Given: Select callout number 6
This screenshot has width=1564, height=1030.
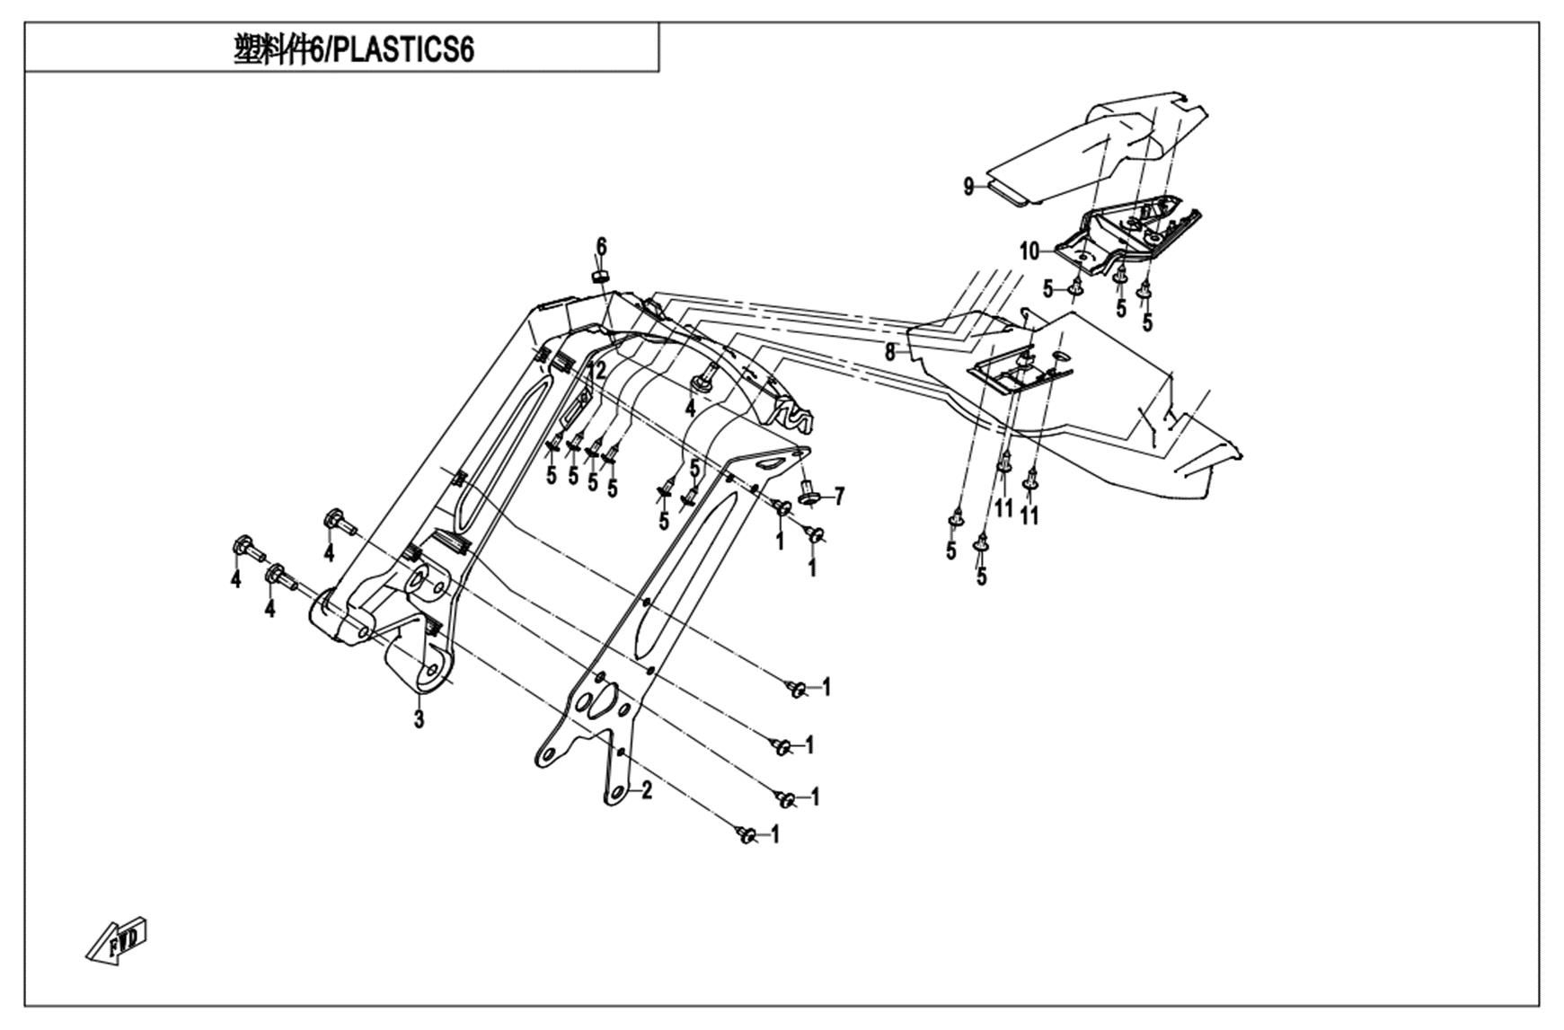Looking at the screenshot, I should click(601, 246).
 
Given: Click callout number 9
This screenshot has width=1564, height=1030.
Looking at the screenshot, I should click(968, 187).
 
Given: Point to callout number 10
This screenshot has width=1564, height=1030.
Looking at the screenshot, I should click(1029, 251).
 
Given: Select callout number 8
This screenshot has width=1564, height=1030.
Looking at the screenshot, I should click(890, 353).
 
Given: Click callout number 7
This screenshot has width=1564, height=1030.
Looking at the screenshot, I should click(839, 496).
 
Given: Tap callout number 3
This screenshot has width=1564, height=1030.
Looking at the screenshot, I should click(419, 718).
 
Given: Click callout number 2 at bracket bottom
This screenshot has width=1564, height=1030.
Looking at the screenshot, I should click(646, 790).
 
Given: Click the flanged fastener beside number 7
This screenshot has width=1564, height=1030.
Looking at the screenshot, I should click(807, 492).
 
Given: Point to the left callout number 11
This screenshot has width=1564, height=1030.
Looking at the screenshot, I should click(1003, 508).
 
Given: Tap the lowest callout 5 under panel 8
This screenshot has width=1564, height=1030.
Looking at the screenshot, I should click(981, 576).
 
